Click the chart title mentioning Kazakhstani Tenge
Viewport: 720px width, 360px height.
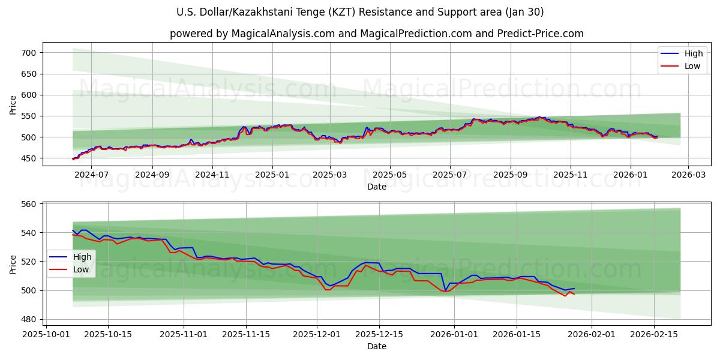tap(360, 12)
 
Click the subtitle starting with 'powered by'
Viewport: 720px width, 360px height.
tap(376, 34)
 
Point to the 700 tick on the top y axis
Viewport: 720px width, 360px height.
tap(29, 53)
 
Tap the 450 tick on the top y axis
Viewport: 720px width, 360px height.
tap(29, 158)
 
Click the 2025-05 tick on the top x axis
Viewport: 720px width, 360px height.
tap(390, 175)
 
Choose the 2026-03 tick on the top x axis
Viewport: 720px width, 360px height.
tap(688, 175)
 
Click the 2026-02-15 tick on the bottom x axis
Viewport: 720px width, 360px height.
tap(654, 334)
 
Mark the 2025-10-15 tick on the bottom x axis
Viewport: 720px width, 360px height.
tap(108, 334)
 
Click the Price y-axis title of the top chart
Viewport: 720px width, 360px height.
tap(13, 104)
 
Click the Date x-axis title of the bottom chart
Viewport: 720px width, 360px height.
tap(376, 346)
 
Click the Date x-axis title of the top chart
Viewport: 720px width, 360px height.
tap(376, 187)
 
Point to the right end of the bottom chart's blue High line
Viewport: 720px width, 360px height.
tap(574, 289)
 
